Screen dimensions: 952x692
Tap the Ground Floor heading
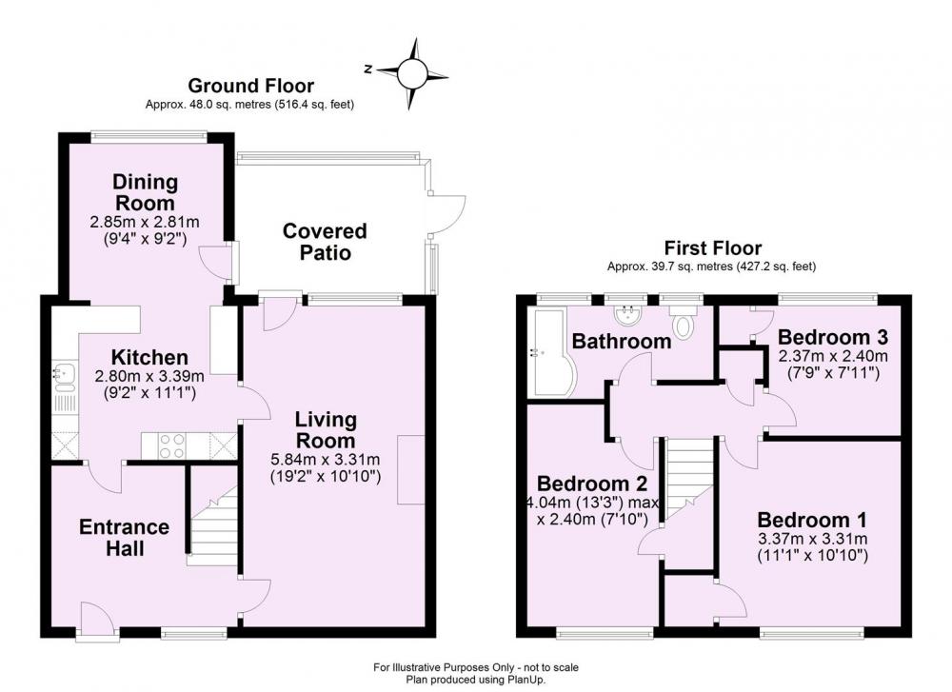pyautogui.click(x=250, y=86)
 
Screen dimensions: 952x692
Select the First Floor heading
pyautogui.click(x=713, y=247)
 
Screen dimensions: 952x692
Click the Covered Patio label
pyautogui.click(x=325, y=242)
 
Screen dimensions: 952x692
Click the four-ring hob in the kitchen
pyautogui.click(x=171, y=446)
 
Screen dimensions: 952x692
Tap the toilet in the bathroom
pyautogui.click(x=683, y=320)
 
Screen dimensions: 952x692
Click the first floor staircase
pyautogui.click(x=688, y=480)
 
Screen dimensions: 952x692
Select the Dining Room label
pyautogui.click(x=145, y=192)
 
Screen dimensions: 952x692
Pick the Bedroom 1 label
pyautogui.click(x=812, y=520)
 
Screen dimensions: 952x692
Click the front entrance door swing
pyautogui.click(x=96, y=619)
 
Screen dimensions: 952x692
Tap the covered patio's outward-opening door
pyautogui.click(x=446, y=213)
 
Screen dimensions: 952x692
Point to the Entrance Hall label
pyautogui.click(x=125, y=537)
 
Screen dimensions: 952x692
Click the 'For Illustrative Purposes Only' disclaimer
pyautogui.click(x=476, y=667)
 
